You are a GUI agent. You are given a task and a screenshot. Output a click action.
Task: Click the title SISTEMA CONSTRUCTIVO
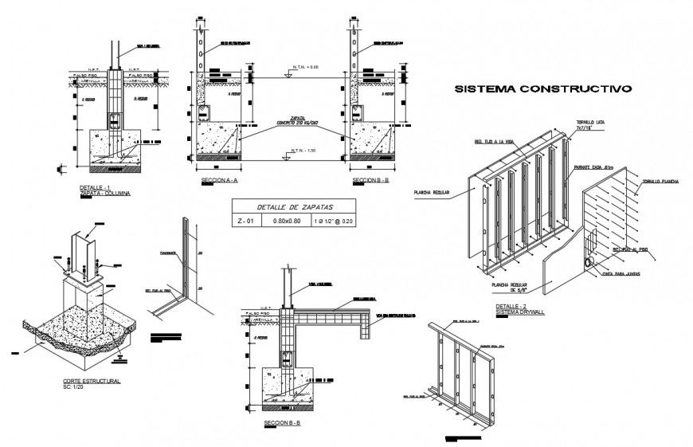click(x=542, y=89)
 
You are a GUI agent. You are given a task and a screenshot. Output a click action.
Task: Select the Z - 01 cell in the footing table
click(x=247, y=221)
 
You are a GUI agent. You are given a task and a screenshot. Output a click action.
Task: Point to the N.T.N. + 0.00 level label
click(x=305, y=68)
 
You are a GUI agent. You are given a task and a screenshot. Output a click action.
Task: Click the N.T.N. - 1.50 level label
click(x=305, y=151)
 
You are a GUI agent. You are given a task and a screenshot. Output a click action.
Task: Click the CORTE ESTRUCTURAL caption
click(x=91, y=382)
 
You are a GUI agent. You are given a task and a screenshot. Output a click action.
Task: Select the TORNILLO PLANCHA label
click(x=660, y=182)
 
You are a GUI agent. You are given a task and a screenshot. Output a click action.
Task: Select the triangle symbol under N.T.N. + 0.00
click(x=284, y=76)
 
